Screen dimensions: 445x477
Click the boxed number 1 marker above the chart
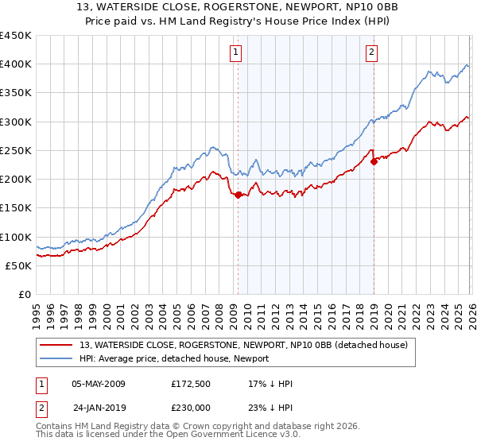tap(237, 53)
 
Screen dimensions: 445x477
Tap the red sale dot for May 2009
tap(238, 194)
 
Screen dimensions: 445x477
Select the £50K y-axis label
tap(19, 265)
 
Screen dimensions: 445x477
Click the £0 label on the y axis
tap(24, 294)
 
